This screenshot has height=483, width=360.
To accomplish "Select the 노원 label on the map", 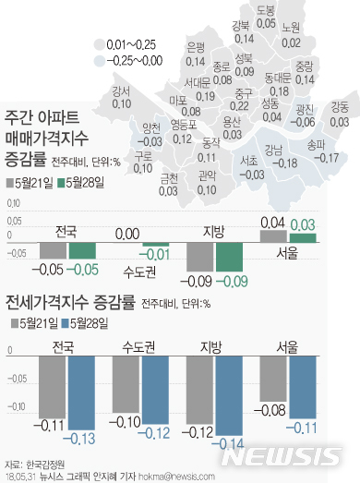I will click(x=291, y=29).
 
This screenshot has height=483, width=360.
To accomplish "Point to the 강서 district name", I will click(x=121, y=91).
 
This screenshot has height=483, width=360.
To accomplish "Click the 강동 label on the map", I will click(x=339, y=108).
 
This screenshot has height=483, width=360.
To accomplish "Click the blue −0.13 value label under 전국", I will click(x=81, y=410).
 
